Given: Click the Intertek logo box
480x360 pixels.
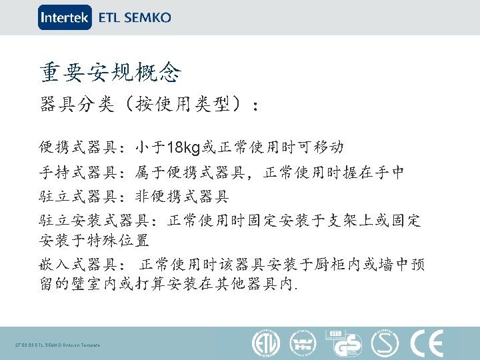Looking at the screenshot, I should (65, 17).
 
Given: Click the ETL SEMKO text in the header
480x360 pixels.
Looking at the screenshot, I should (135, 18).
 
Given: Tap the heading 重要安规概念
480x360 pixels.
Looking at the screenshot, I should (110, 71).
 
